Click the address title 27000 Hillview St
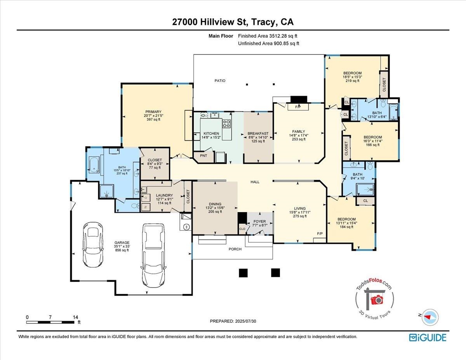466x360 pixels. [233, 22]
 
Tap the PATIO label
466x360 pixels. [220, 81]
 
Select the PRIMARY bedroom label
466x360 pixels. [154, 112]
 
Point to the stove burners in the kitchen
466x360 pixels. [226, 124]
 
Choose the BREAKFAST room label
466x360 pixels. [258, 134]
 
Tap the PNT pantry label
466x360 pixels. [203, 156]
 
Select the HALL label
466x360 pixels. [255, 182]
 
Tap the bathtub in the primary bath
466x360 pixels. [93, 164]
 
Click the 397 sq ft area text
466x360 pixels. [154, 120]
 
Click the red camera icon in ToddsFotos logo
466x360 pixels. [376, 300]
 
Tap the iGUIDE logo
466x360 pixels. [428, 337]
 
